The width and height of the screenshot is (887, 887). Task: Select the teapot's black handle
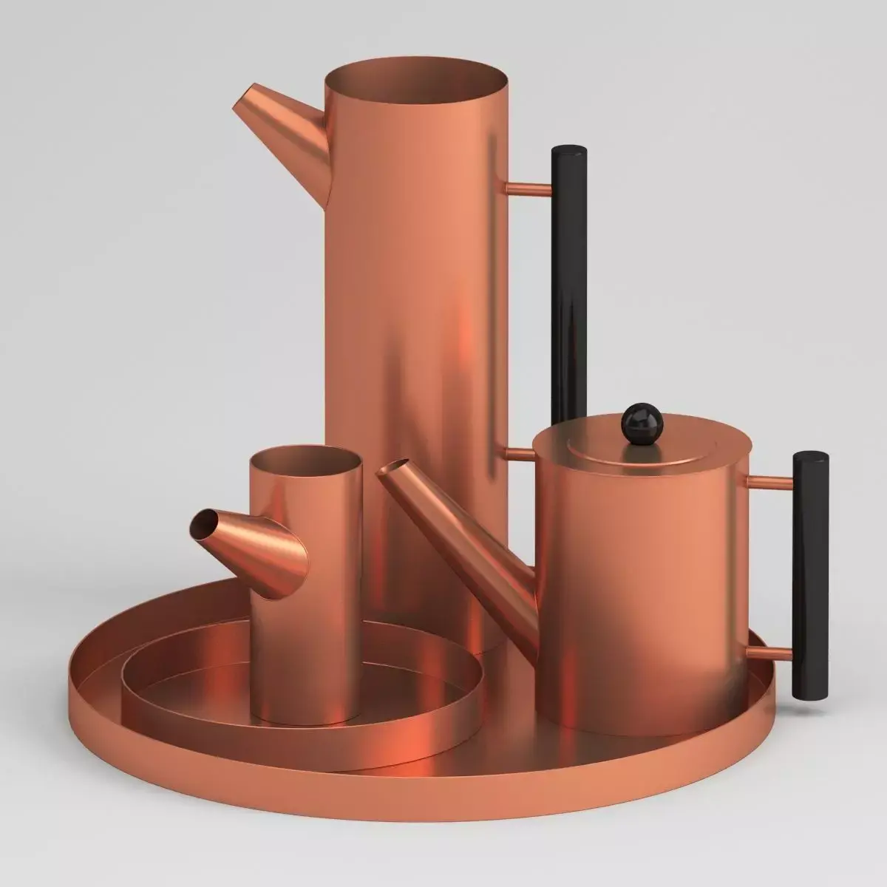coord(810,577)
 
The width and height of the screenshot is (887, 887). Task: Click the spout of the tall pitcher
coord(285,126)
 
